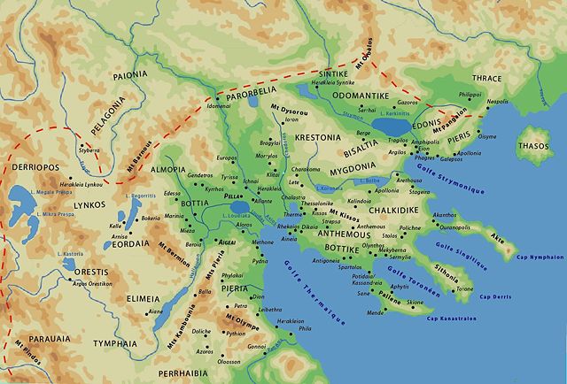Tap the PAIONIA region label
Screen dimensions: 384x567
click(x=129, y=75)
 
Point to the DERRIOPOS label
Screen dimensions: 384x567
click(x=35, y=165)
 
